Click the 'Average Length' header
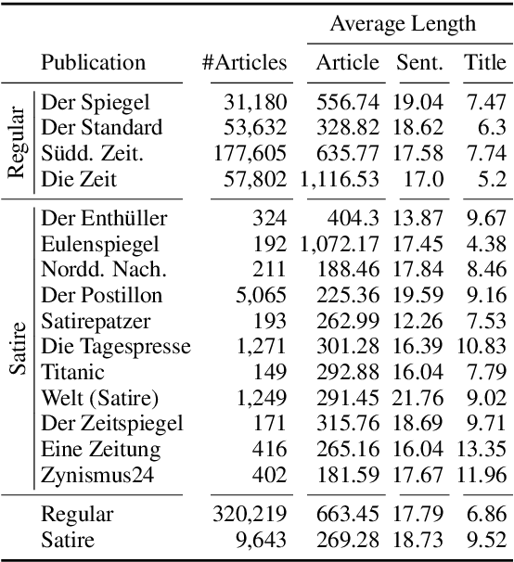click(403, 24)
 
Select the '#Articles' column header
click(245, 63)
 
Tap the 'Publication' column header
click(93, 63)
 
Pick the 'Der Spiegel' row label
click(96, 103)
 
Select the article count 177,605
click(246, 151)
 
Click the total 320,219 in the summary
click(246, 514)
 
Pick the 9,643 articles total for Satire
click(263, 539)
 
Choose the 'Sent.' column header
click(419, 63)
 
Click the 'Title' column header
click(484, 63)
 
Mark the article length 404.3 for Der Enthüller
click(353, 219)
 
